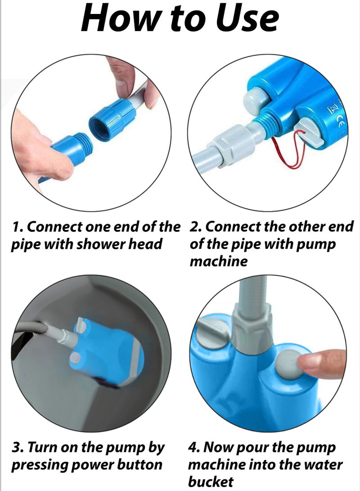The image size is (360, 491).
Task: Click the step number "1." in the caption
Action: tap(17, 227)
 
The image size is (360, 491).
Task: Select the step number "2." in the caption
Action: tap(195, 226)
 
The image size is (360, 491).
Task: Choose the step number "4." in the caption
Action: tap(194, 448)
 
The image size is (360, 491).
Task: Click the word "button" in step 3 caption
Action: tap(139, 465)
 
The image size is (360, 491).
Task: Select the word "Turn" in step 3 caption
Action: tap(43, 448)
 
